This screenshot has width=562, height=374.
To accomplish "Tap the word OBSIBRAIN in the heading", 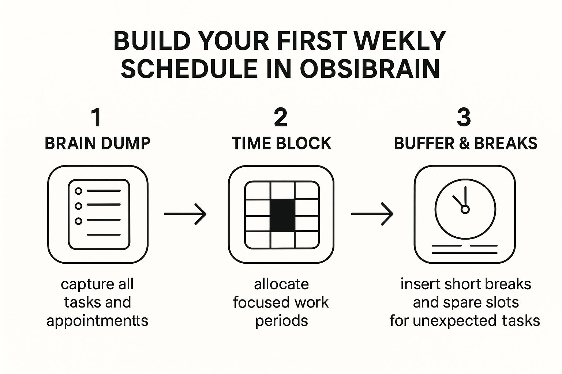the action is tap(370, 69).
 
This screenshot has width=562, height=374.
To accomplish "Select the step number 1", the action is tap(97, 117).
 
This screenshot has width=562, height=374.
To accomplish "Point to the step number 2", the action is tap(281, 117).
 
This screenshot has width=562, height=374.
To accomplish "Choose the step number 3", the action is tap(464, 117).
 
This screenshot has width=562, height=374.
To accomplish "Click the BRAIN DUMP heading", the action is tap(98, 144).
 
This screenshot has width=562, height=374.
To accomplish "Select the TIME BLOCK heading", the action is tap(281, 144).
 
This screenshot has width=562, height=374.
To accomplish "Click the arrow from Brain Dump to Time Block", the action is tap(185, 214).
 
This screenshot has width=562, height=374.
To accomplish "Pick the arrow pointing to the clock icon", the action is tap(372, 214).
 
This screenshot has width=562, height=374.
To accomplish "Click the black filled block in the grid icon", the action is tap(282, 215).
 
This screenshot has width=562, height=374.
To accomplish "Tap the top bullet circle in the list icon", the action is tap(79, 191).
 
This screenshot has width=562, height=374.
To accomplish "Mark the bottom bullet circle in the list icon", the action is tap(79, 221).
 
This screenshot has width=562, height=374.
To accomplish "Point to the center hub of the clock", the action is tap(465, 209).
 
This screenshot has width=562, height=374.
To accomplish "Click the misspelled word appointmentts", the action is tap(97, 321).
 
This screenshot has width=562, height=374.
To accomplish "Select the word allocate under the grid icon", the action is tap(281, 285).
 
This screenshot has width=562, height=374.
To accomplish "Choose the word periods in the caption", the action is tap(281, 321).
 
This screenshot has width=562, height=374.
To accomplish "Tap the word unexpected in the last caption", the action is tap(454, 321).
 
